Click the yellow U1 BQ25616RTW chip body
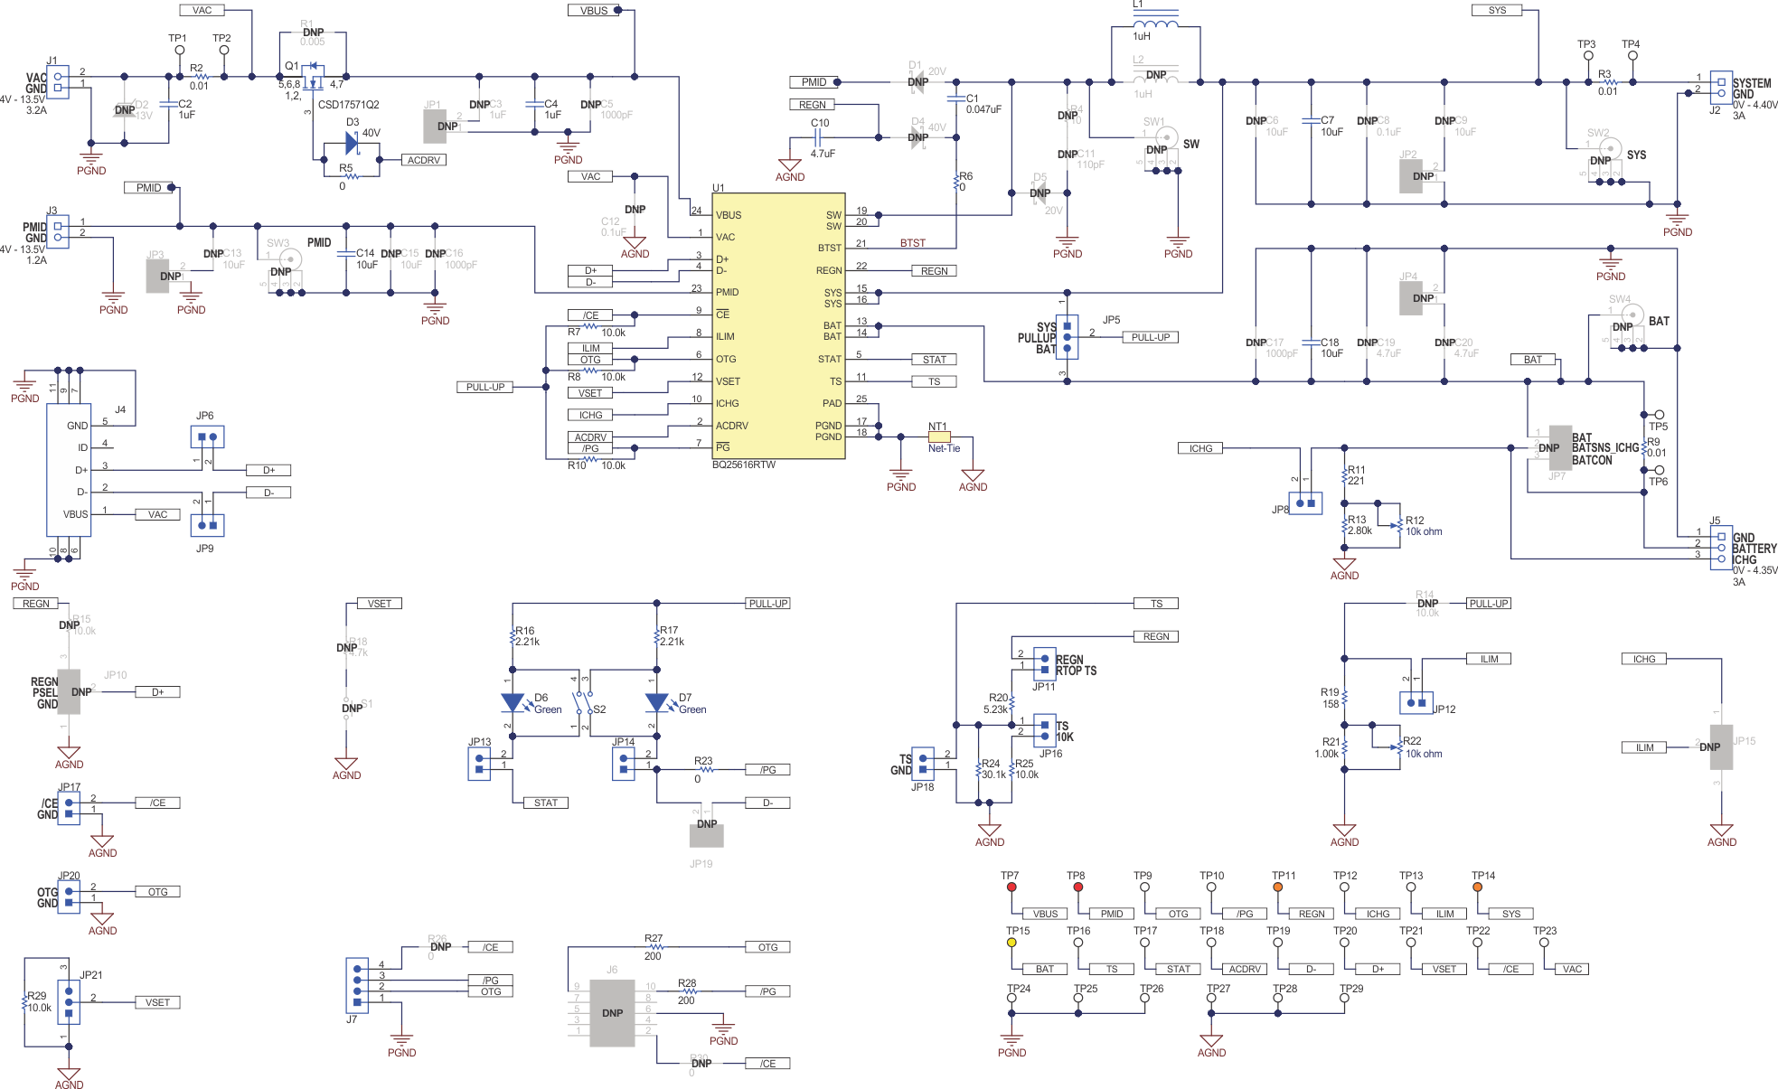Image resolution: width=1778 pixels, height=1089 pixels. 778,325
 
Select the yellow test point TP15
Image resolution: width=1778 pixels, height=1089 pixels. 1011,943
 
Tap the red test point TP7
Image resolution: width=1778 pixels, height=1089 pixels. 1011,887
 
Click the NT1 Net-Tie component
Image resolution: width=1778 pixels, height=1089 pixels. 939,437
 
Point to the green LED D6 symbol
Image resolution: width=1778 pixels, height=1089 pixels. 513,702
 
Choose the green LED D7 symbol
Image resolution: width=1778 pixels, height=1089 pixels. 656,702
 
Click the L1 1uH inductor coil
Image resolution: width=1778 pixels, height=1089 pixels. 1155,24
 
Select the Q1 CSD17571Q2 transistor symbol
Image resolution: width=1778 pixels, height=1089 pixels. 313,76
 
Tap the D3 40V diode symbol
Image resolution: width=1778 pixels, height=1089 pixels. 353,143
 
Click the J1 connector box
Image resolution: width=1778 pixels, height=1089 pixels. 58,82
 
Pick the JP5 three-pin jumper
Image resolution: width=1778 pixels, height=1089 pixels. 1067,336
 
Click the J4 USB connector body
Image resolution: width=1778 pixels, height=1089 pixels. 69,469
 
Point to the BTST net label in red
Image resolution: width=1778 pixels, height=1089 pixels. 912,243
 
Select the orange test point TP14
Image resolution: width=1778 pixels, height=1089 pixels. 1477,887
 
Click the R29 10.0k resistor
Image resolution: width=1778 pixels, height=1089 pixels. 25,1001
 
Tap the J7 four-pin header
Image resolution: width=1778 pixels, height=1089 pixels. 357,984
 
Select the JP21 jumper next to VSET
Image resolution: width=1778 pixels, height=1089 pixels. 69,1001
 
